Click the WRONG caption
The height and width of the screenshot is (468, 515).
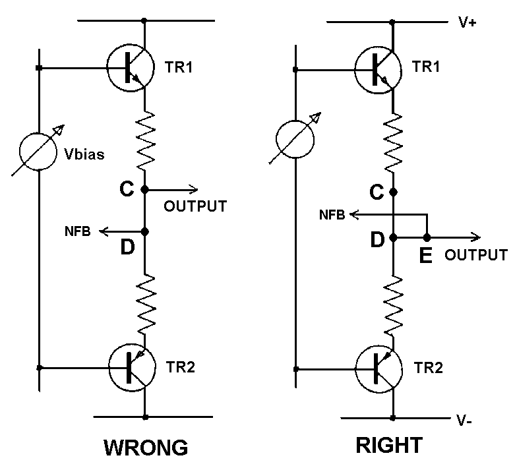click(x=146, y=447)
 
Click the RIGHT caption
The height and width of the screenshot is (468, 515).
click(x=388, y=446)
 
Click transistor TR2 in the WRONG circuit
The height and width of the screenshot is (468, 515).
click(x=130, y=366)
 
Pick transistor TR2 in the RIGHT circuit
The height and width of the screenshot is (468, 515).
click(x=378, y=367)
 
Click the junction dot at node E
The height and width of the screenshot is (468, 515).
click(x=427, y=237)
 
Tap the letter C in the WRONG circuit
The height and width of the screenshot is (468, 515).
click(x=127, y=189)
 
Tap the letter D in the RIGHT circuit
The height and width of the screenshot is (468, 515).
click(x=377, y=240)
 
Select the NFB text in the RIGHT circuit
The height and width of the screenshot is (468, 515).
click(x=333, y=215)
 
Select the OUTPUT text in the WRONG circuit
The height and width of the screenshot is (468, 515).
click(x=195, y=206)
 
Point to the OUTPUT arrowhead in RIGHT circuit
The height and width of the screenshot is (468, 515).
click(x=476, y=237)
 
